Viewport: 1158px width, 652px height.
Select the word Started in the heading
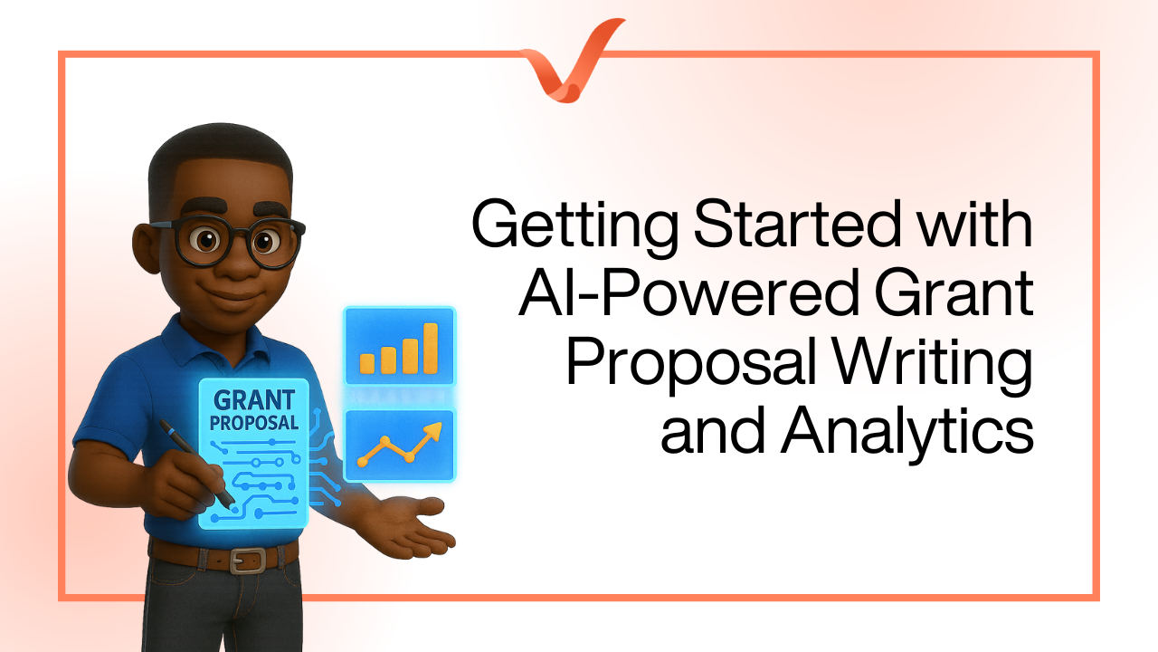tap(799, 224)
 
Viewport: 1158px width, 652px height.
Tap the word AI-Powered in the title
tap(688, 292)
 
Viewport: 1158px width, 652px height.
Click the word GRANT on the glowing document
tap(254, 400)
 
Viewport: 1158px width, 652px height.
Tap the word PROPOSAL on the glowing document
tap(254, 423)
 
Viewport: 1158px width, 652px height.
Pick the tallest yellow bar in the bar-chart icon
tap(431, 348)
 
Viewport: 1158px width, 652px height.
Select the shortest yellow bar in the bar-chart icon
tap(367, 363)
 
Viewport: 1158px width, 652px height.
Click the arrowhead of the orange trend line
tap(433, 430)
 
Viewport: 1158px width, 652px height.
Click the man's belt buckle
tap(248, 561)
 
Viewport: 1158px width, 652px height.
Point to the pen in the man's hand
tap(196, 463)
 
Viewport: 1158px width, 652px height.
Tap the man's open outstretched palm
tap(408, 528)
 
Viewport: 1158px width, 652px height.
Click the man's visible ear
tap(147, 248)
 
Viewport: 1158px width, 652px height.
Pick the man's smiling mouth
tap(233, 298)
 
